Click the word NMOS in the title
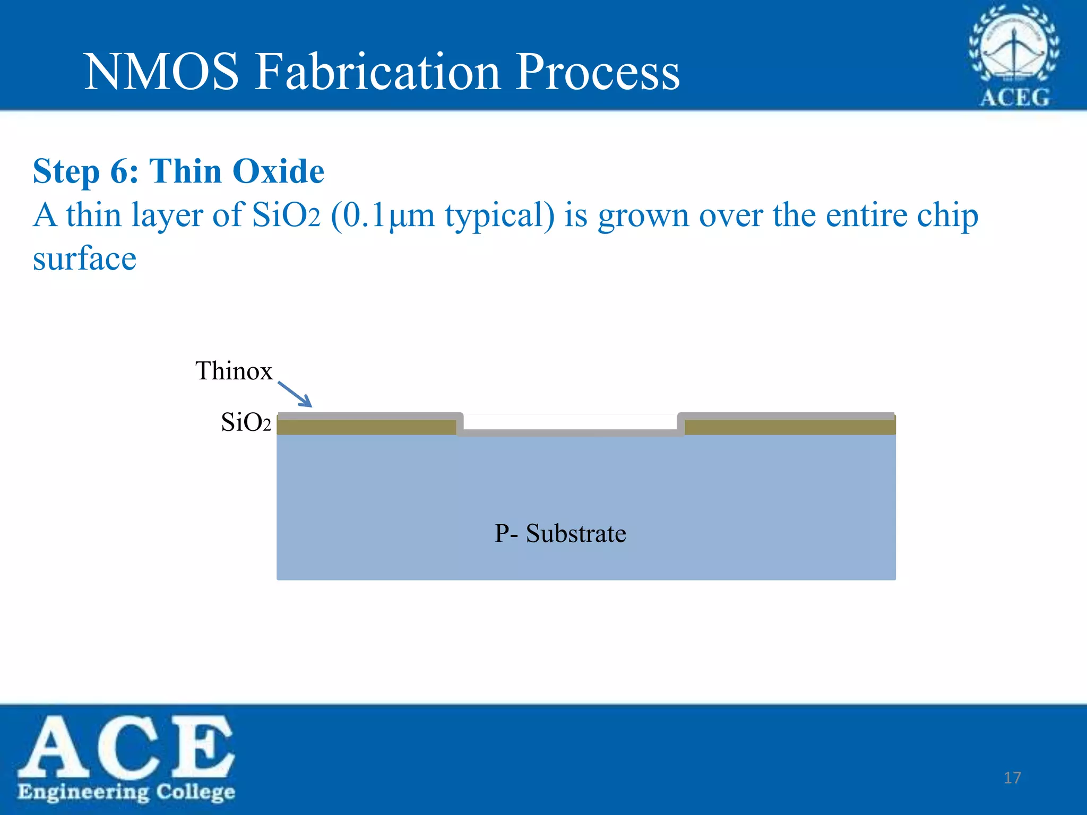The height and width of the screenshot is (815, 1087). tap(161, 72)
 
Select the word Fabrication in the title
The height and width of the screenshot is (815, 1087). tap(378, 72)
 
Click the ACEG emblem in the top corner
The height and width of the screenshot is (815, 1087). tap(1014, 55)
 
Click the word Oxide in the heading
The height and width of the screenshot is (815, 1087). tap(278, 172)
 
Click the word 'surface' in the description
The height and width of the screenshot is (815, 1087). tap(85, 259)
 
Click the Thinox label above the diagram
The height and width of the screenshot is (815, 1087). tap(234, 370)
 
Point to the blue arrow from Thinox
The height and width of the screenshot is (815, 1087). tap(295, 394)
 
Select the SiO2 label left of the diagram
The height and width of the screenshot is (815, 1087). tap(246, 423)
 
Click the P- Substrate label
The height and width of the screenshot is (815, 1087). tap(560, 533)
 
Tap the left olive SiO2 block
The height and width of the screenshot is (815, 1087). tap(366, 427)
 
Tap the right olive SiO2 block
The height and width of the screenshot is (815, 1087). tap(790, 427)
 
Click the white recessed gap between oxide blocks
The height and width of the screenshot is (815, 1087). tap(570, 422)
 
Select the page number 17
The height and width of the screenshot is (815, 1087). tap(1012, 778)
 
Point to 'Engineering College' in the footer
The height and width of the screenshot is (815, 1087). tap(126, 792)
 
